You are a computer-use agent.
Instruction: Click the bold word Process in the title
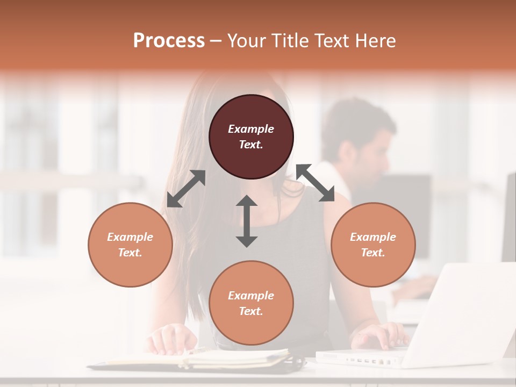(x=169, y=41)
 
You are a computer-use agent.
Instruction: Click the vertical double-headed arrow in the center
(x=247, y=221)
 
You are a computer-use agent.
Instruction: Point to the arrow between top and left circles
(x=186, y=188)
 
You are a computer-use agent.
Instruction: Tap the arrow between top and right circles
(x=316, y=183)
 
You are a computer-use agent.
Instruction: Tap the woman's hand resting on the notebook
(x=172, y=339)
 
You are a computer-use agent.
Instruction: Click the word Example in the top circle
(x=251, y=129)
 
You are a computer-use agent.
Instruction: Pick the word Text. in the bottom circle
(x=251, y=311)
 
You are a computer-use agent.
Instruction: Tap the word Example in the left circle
(x=130, y=237)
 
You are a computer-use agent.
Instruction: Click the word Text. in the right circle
(x=373, y=253)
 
